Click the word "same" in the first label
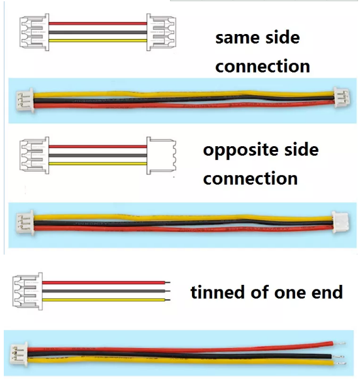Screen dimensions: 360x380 click(x=237, y=38)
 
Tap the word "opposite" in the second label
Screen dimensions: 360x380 click(x=240, y=151)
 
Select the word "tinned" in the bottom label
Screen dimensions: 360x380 click(x=217, y=292)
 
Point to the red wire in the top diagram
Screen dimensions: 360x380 click(x=98, y=23)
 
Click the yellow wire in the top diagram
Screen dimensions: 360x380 click(x=98, y=41)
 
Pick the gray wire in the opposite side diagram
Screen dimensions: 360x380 click(x=98, y=156)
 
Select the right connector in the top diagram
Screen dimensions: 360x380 click(x=161, y=32)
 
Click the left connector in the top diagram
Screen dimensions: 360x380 click(x=34, y=32)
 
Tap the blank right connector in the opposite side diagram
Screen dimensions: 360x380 click(x=161, y=156)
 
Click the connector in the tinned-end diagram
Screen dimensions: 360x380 click(x=28, y=291)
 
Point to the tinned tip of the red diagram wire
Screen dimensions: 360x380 click(x=167, y=282)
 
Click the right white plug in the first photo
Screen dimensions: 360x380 click(x=342, y=98)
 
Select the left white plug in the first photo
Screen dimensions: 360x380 click(x=25, y=100)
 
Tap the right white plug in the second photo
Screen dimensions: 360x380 click(x=340, y=222)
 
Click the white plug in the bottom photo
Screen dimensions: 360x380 click(x=19, y=354)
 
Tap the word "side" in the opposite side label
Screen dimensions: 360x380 click(x=301, y=149)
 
